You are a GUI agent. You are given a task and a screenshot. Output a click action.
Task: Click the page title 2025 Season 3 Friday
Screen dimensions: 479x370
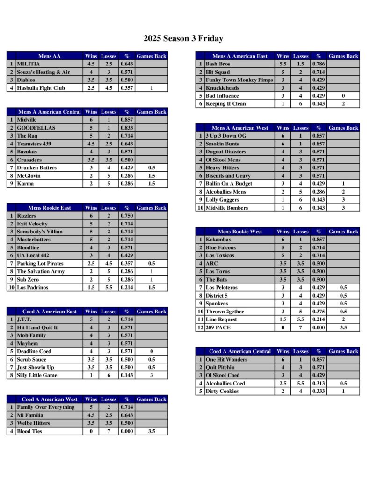coord(183,39)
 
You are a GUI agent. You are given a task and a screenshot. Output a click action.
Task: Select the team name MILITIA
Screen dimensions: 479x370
coord(29,64)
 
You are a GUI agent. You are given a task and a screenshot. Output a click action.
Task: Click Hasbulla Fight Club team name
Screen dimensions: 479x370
coord(41,88)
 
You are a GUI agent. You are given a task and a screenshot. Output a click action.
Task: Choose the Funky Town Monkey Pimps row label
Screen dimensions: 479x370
coord(239,80)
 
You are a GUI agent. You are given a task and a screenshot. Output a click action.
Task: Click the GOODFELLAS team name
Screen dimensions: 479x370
coord(36,128)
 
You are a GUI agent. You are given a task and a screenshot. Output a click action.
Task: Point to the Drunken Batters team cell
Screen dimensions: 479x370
coord(36,167)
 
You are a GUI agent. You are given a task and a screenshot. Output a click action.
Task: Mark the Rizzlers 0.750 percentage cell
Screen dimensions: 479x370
coord(127,216)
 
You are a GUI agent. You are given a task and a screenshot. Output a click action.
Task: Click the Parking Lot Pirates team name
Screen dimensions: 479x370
coord(40,263)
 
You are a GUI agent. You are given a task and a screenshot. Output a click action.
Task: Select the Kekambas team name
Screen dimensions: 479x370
coord(218,239)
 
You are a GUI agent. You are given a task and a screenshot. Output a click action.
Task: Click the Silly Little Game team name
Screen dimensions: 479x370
coord(37,375)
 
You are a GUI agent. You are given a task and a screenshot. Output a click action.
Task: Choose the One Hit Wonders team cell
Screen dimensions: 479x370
coord(226,359)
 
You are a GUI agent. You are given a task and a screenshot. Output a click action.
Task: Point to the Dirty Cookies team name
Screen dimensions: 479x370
coord(222,391)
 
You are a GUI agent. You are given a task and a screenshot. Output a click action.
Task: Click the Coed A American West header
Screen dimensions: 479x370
coord(49,399)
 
